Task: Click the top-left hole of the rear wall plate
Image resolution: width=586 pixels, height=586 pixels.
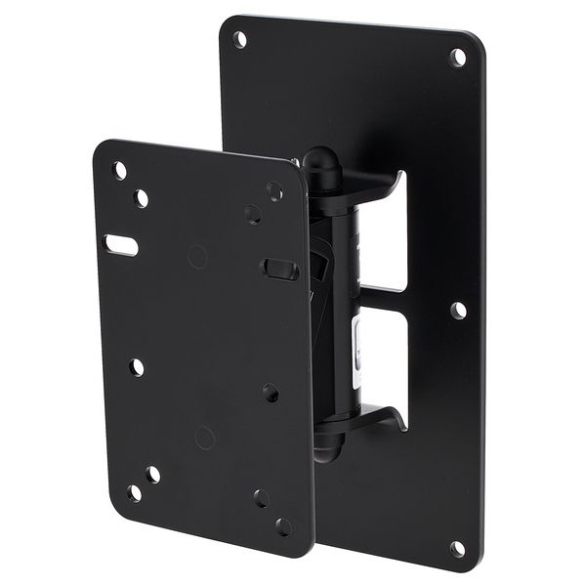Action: [239, 39]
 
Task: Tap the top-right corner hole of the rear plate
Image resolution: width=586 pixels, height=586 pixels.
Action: [457, 57]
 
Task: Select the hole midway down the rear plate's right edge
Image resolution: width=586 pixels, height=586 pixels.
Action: [458, 310]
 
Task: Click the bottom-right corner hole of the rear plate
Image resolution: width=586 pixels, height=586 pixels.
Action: [457, 549]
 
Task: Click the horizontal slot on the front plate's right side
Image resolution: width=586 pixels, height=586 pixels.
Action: [279, 268]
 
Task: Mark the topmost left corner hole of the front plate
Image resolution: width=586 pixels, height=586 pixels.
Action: [119, 170]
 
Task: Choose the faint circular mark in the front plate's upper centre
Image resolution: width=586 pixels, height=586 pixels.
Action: [197, 257]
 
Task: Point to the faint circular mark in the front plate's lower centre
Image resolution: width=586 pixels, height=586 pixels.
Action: [204, 438]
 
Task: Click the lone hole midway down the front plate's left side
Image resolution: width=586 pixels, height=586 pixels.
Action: [137, 367]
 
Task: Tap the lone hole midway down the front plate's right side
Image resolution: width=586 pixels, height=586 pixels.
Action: [271, 393]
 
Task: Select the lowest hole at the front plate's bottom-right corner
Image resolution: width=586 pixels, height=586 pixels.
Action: [283, 526]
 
